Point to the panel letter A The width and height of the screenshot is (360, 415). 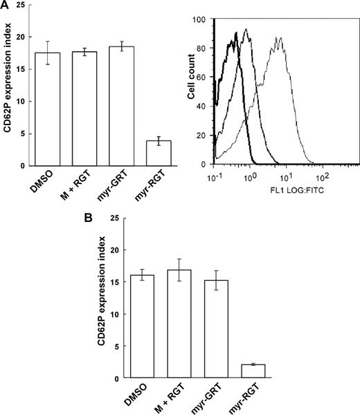6,6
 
